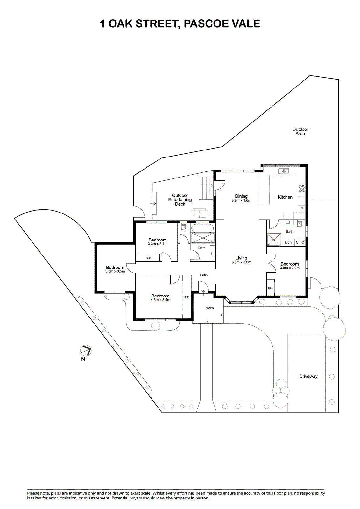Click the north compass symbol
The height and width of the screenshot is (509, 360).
click(86, 351)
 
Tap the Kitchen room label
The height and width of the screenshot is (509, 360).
click(285, 197)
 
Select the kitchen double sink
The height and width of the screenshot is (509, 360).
click(283, 171)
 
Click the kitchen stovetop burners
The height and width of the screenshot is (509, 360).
click(302, 188)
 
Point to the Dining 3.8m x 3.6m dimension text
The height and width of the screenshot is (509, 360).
click(241, 201)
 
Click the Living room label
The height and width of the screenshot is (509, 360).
click(241, 258)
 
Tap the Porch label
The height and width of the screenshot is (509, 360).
click(209, 308)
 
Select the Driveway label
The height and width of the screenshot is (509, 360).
click(308, 376)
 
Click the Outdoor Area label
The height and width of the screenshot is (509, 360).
click(300, 131)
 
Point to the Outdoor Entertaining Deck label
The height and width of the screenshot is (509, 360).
click(180, 200)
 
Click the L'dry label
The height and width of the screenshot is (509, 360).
click(289, 242)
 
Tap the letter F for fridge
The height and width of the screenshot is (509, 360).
click(289, 215)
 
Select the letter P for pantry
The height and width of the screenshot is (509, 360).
click(302, 209)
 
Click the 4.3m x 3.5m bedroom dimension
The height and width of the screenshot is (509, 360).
click(160, 300)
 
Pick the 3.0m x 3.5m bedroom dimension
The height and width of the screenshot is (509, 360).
click(115, 271)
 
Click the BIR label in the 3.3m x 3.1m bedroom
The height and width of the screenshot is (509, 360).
click(149, 258)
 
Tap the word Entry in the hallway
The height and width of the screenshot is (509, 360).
click(204, 275)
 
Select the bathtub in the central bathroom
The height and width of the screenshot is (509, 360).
click(202, 228)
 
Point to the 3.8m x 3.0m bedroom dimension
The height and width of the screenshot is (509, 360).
click(290, 268)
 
